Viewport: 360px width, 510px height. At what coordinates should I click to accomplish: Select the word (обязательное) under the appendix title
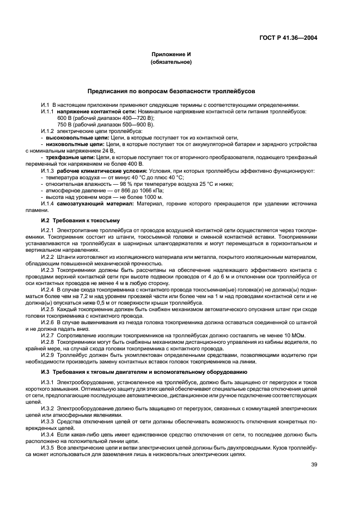[170, 63]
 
